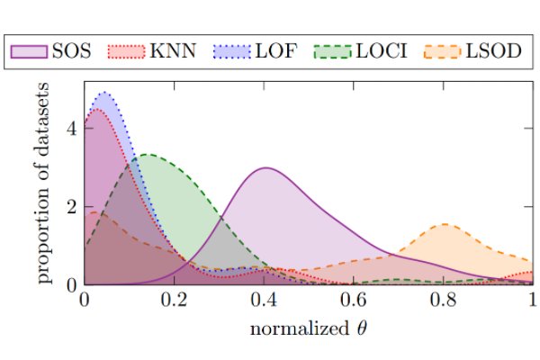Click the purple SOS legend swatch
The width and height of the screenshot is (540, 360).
29,51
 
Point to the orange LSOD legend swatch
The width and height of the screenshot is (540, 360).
450,51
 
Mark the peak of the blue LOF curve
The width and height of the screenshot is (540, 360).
104,92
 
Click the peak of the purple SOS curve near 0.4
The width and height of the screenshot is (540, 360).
265,167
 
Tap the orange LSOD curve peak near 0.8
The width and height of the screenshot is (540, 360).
445,224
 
